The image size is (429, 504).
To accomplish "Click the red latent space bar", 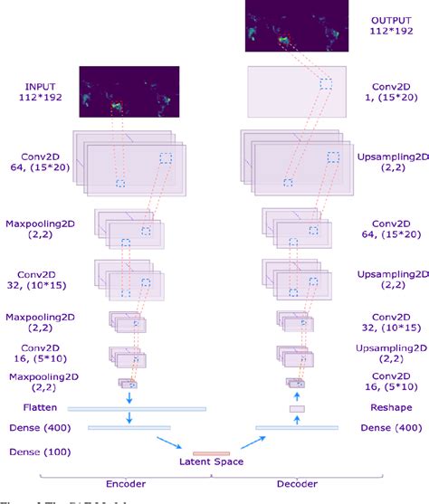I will coord(211,452).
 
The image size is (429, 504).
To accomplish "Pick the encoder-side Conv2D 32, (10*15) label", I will coord(39,279).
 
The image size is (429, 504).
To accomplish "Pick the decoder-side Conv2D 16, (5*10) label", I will coord(390,381).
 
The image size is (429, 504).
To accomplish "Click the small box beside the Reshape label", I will coord(297,409).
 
